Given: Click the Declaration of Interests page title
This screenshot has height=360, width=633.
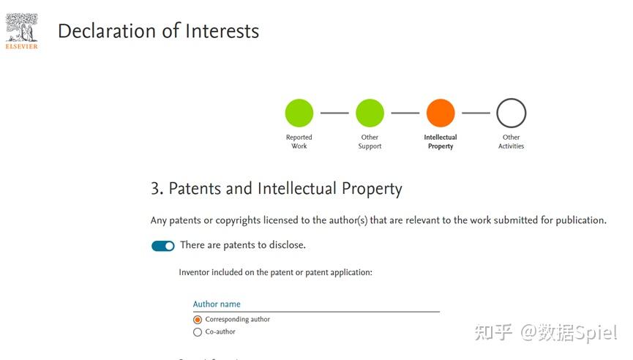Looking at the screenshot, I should pyautogui.click(x=158, y=31).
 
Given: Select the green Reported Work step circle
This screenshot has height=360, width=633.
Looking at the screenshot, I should pyautogui.click(x=299, y=113).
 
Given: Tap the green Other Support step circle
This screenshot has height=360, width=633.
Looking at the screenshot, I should pyautogui.click(x=370, y=113).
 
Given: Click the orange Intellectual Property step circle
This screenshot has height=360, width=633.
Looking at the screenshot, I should pyautogui.click(x=441, y=113).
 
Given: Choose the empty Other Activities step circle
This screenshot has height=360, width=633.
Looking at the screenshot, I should pyautogui.click(x=511, y=113).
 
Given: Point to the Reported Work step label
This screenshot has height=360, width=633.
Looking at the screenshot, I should pyautogui.click(x=299, y=141).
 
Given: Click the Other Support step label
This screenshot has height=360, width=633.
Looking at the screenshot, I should pyautogui.click(x=370, y=141).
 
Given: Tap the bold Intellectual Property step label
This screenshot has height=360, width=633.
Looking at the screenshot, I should pyautogui.click(x=441, y=141).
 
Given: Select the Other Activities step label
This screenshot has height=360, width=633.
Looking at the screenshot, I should pyautogui.click(x=511, y=141).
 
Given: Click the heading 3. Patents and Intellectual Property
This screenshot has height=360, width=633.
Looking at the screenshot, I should pyautogui.click(x=277, y=189).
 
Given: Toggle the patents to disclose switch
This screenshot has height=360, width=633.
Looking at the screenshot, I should pyautogui.click(x=163, y=246).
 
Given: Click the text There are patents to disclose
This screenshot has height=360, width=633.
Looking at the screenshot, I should pyautogui.click(x=243, y=245).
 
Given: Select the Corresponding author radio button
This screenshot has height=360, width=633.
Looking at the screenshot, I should pyautogui.click(x=198, y=320).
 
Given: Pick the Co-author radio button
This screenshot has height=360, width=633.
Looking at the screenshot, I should pyautogui.click(x=198, y=332).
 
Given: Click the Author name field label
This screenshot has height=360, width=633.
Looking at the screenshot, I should pyautogui.click(x=217, y=304).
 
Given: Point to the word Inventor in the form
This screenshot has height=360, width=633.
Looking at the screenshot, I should pyautogui.click(x=195, y=272).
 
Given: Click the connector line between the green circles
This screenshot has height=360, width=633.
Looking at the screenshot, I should pyautogui.click(x=334, y=113).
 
